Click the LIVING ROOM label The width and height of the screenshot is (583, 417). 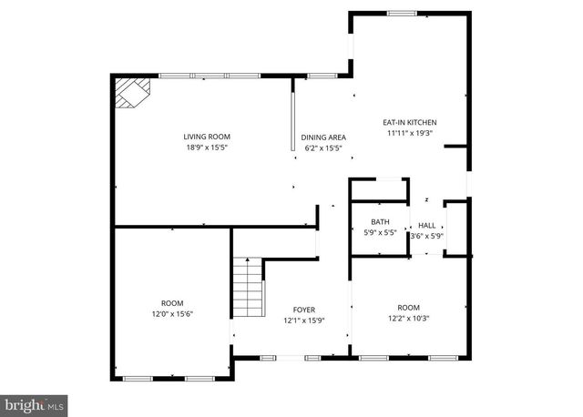point(205,137)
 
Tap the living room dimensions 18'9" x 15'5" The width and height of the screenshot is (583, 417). point(205,147)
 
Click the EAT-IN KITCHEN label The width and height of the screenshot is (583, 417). point(409,121)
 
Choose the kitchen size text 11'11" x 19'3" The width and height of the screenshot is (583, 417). point(409,132)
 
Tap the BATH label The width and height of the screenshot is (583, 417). point(380,222)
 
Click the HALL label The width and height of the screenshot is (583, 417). point(426,225)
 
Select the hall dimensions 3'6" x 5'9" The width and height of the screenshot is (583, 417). point(426,236)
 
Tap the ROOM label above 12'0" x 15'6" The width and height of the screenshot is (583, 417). point(172,302)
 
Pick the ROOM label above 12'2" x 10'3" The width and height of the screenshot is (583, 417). point(409,307)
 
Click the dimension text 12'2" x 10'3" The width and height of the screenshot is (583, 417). point(409,318)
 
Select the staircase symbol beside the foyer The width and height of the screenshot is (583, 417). point(247,287)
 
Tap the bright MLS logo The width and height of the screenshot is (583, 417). point(35,402)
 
